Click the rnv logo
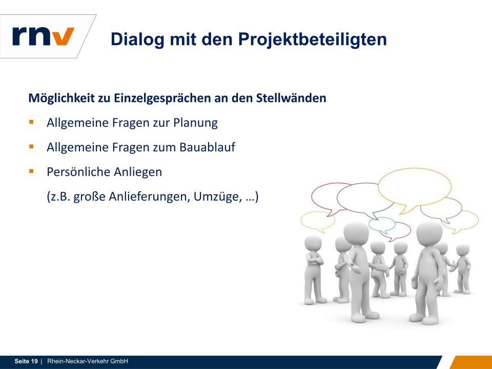pos(43,36)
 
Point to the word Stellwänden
pos(291,98)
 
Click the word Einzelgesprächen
pos(162,98)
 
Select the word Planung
pos(195,122)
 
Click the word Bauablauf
pos(207,147)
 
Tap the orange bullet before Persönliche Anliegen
pos(31,171)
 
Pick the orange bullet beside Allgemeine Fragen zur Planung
pos(31,122)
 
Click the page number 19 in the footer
pos(34,361)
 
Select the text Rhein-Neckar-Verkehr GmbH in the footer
pos(88,361)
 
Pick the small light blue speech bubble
pos(382,224)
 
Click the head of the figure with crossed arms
pos(313,243)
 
